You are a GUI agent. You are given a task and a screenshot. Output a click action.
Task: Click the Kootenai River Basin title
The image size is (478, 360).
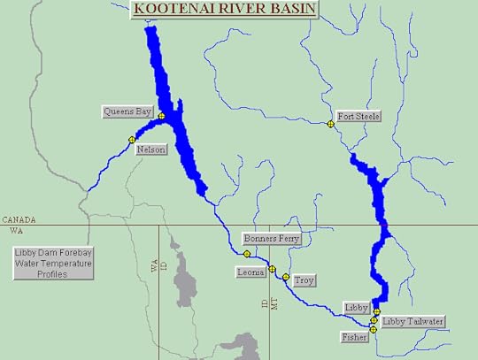point(225,11)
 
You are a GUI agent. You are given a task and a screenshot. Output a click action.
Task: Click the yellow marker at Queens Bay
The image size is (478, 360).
point(162,115)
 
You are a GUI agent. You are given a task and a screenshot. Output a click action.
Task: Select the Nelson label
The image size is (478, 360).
point(150,150)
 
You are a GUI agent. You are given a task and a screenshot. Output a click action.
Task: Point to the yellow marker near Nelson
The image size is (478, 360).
point(132,140)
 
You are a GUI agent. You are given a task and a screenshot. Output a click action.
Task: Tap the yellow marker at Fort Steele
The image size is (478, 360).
point(331,124)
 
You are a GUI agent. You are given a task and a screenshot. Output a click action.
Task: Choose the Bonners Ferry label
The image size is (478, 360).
point(272,239)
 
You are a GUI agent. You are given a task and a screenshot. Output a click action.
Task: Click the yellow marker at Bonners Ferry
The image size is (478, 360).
point(248,254)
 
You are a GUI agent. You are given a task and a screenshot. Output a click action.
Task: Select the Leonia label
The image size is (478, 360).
point(251,272)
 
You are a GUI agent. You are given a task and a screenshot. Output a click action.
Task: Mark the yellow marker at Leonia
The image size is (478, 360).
point(272,269)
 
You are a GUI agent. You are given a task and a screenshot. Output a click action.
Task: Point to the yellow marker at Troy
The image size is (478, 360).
point(286,277)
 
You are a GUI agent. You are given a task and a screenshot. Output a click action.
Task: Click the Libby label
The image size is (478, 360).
point(357,307)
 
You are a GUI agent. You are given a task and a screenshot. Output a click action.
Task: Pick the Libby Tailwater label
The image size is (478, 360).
point(412,321)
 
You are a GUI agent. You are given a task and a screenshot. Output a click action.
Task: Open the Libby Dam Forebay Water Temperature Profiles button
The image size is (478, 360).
point(52,263)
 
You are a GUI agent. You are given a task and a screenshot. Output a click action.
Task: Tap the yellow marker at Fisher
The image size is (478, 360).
point(374,330)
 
